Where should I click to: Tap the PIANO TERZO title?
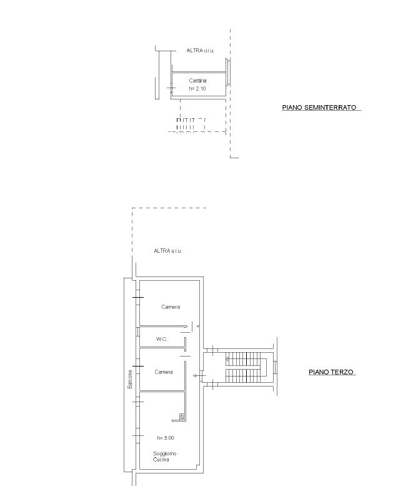331,372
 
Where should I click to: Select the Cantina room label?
197,81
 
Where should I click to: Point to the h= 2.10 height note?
197,89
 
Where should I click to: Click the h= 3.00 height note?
166,438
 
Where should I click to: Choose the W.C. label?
162,339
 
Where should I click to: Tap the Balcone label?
130,379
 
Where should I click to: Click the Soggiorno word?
164,453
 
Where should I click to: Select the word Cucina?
161,459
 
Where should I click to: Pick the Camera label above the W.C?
171,307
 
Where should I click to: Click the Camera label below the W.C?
164,372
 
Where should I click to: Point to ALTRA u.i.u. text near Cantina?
201,51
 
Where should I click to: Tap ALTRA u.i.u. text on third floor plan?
168,251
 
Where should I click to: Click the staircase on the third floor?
246,367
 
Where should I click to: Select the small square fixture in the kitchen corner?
182,417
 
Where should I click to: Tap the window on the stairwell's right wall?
275,367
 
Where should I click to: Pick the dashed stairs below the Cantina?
191,125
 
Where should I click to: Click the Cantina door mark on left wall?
171,88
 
